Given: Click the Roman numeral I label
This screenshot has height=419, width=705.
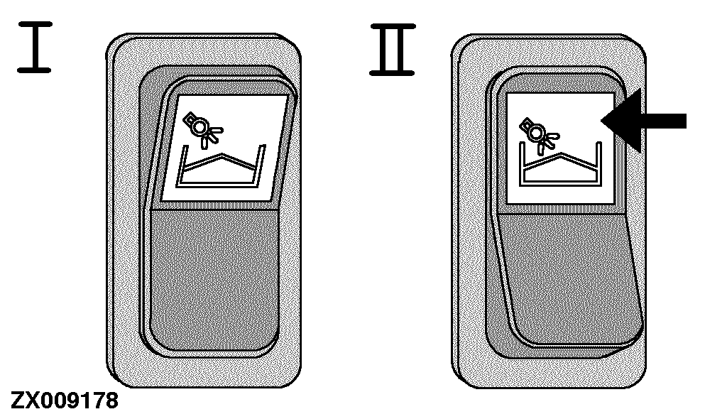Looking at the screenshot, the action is point(35,47).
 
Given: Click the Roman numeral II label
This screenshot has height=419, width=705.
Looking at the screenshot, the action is point(393,50).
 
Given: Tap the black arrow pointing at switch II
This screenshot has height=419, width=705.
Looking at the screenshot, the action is point(643,121).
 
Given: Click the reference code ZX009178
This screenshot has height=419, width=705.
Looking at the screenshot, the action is point(65,401).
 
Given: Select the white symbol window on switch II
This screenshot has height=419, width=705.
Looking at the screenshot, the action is point(561,148).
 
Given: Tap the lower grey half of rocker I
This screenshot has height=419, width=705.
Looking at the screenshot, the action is point(214,278).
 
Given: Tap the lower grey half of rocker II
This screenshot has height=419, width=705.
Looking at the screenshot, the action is point(569,278).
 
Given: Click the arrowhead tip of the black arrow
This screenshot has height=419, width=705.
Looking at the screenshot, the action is point(601,121).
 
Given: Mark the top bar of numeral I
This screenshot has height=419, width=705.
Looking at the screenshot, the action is point(35,24).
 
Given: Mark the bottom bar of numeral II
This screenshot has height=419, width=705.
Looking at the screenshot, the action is point(393,72).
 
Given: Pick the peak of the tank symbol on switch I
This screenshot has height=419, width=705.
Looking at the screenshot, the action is point(222,155).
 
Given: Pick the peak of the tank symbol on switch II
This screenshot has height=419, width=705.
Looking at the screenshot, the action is point(561,154).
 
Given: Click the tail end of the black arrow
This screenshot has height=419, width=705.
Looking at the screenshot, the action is point(686,121).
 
